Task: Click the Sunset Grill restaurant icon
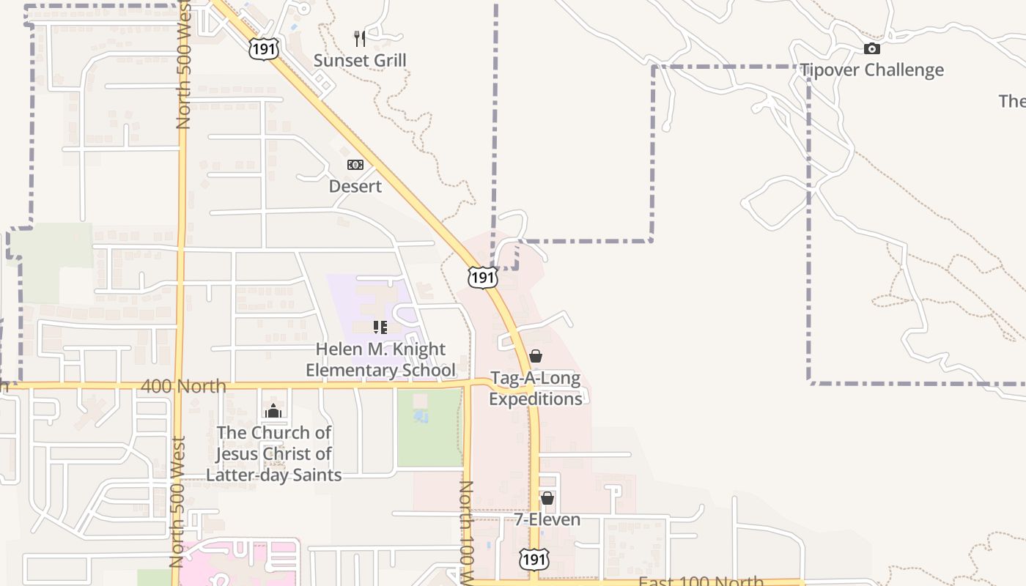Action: tap(359, 38)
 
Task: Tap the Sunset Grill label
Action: tap(360, 60)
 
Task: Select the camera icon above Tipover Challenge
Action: tap(871, 49)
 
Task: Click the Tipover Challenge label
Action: tap(871, 70)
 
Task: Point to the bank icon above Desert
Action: tap(355, 165)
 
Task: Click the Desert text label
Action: tap(355, 186)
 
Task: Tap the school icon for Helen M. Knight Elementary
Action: tap(380, 327)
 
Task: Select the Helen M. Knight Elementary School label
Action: tap(380, 360)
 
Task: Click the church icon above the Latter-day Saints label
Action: tap(273, 411)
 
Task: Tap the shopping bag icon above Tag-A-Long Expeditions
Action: tap(536, 357)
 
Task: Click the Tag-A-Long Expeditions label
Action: tap(536, 389)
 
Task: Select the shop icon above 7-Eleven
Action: tap(547, 498)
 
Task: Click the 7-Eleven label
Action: tap(547, 519)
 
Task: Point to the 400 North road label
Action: tap(182, 386)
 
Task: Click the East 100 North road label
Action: tap(701, 582)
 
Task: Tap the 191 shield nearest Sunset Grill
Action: tap(262, 49)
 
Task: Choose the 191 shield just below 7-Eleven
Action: tap(534, 559)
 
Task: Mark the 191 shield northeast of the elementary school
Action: tap(483, 277)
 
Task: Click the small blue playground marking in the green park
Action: tap(421, 417)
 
